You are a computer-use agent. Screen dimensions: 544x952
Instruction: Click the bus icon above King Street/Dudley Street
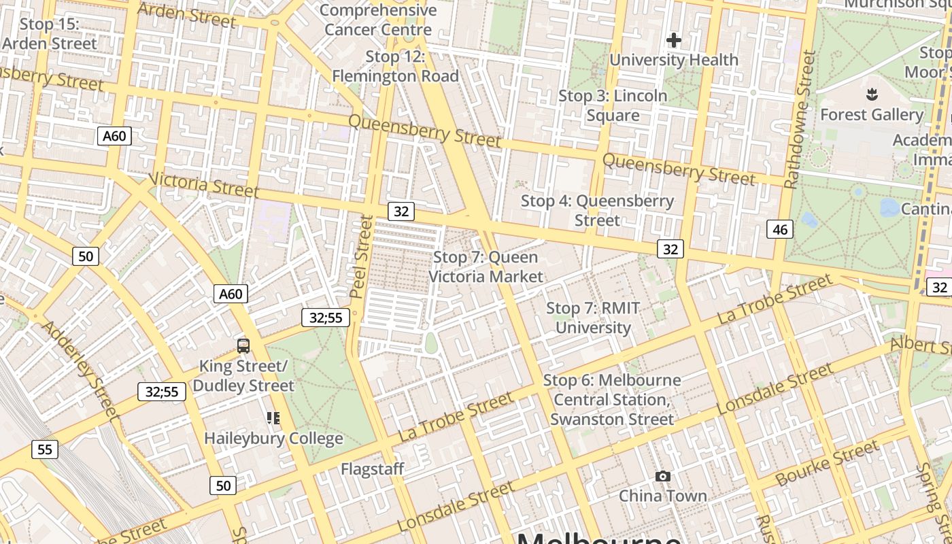pos(243,345)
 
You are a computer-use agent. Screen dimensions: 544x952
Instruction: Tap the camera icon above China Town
pos(663,476)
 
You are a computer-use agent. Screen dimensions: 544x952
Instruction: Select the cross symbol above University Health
pos(674,40)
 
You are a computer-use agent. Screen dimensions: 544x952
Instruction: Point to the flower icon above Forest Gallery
pos(871,93)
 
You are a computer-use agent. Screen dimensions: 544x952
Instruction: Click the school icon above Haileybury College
pos(273,418)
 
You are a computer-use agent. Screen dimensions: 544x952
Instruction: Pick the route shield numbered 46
pos(780,229)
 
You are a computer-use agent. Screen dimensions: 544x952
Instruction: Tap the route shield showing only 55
pos(44,449)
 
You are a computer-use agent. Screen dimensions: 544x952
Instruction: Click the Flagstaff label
pos(372,469)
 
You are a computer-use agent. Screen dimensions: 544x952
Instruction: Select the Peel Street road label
pos(361,257)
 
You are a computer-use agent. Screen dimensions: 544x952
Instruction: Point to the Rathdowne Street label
pos(800,119)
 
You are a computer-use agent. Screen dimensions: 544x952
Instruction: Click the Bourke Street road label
pos(826,462)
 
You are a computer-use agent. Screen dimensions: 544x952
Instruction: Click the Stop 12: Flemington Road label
pos(395,67)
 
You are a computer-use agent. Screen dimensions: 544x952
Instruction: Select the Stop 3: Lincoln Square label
pos(613,105)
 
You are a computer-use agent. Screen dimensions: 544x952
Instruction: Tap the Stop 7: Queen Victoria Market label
pos(486,267)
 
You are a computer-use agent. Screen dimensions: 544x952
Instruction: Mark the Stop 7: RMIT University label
pos(593,318)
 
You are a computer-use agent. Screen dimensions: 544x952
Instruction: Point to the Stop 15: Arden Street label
pos(49,34)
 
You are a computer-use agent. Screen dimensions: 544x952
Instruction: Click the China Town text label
pos(663,496)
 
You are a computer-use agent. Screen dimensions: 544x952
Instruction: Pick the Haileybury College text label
pos(273,439)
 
